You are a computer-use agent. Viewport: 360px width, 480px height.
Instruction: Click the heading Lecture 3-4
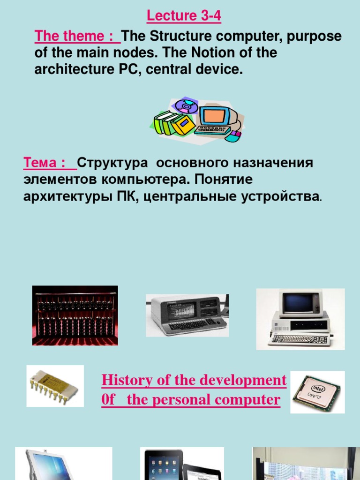184,16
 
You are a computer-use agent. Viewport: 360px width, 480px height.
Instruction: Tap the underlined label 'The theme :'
75,37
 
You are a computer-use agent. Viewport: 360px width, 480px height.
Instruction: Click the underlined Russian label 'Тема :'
47,163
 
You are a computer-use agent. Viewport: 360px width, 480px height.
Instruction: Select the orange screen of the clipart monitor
214,116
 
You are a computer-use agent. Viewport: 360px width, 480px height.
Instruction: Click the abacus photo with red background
75,315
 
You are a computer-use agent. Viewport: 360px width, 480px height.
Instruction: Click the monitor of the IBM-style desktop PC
298,303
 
